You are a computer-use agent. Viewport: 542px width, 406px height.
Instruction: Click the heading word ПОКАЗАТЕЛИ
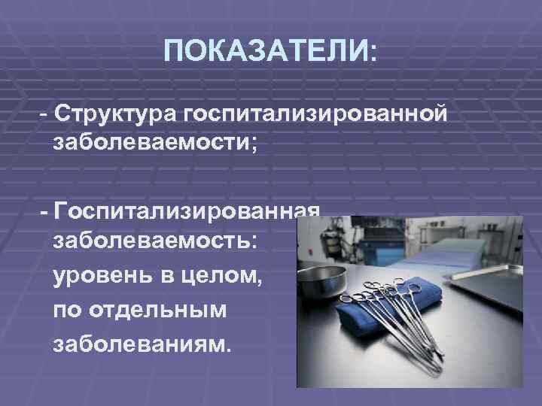click(x=264, y=52)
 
